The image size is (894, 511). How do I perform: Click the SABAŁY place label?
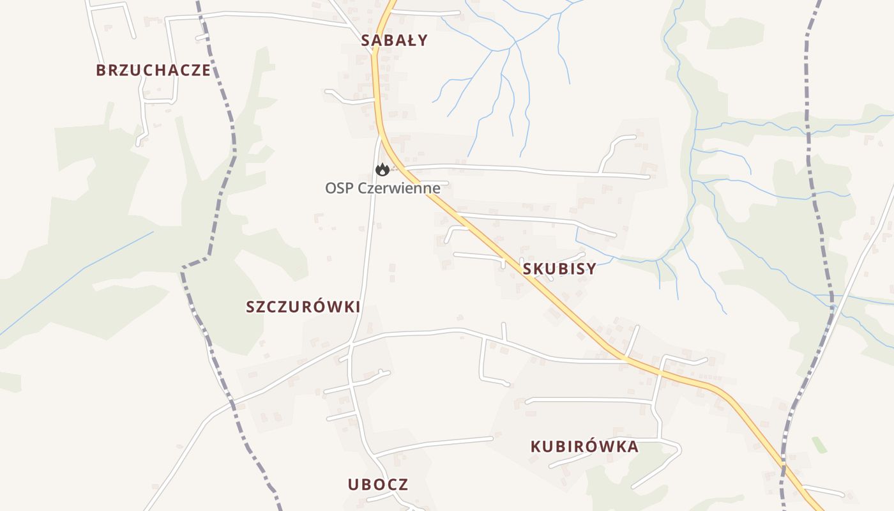pyautogui.click(x=394, y=40)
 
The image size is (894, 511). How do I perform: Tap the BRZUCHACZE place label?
pyautogui.click(x=153, y=70)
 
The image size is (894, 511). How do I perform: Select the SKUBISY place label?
pyautogui.click(x=559, y=269)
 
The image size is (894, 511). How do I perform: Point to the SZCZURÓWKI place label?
pyautogui.click(x=303, y=307)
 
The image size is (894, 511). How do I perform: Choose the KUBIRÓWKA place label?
pyautogui.click(x=584, y=446)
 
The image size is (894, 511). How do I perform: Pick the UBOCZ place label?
pyautogui.click(x=378, y=484)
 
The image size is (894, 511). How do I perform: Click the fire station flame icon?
pyautogui.click(x=383, y=169)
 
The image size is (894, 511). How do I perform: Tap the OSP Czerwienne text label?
pyautogui.click(x=383, y=188)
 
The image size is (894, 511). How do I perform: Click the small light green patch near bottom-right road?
pyautogui.click(x=819, y=445)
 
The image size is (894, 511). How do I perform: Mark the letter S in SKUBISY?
pyautogui.click(x=527, y=269)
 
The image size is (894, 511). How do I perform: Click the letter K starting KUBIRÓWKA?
pyautogui.click(x=536, y=446)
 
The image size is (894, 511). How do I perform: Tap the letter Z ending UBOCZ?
pyautogui.click(x=404, y=484)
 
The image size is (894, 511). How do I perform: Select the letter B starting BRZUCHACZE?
pyautogui.click(x=100, y=70)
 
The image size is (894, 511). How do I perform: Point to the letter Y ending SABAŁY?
pyautogui.click(x=423, y=40)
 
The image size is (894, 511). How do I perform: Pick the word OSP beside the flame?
pyautogui.click(x=337, y=188)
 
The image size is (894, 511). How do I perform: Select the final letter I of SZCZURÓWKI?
pyautogui.click(x=358, y=307)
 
